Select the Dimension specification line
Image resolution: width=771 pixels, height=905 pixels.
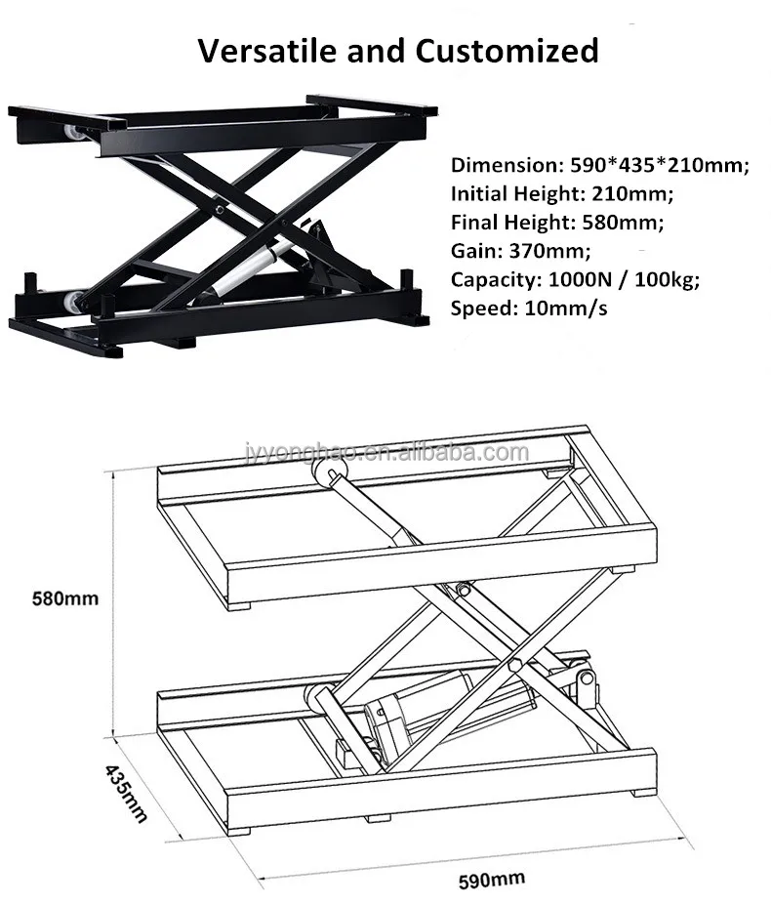point(599,165)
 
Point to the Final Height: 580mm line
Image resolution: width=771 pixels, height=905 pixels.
point(556,222)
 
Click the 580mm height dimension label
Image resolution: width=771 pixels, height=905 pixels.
point(65,598)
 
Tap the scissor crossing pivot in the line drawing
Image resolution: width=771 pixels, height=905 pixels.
point(462,590)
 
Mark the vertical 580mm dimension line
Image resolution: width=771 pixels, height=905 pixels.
point(114,598)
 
